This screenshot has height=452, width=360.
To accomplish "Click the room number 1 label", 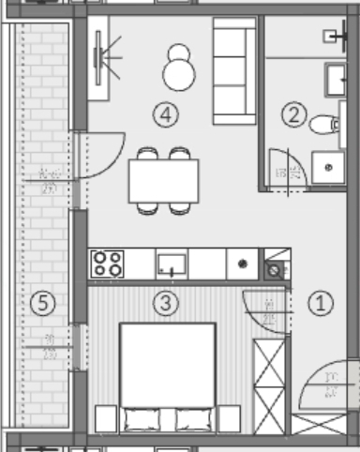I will click(321, 303).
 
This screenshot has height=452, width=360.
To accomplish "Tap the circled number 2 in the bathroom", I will click(294, 116).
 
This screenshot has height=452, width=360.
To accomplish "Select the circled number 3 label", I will click(165, 303).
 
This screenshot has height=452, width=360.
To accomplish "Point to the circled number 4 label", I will click(165, 116).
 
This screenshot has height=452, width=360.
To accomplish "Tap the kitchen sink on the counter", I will click(172, 264).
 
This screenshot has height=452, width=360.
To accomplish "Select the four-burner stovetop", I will click(107, 264).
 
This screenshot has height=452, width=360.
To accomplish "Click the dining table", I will click(164, 180).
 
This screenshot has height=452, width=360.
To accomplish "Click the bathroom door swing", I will click(285, 168).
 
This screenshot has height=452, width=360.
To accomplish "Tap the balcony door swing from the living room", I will click(100, 154).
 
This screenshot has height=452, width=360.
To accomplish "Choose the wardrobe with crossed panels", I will click(269, 385).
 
